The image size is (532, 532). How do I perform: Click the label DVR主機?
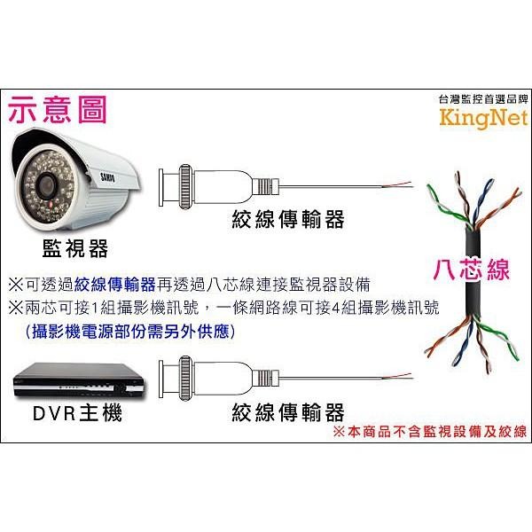point(78,412)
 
